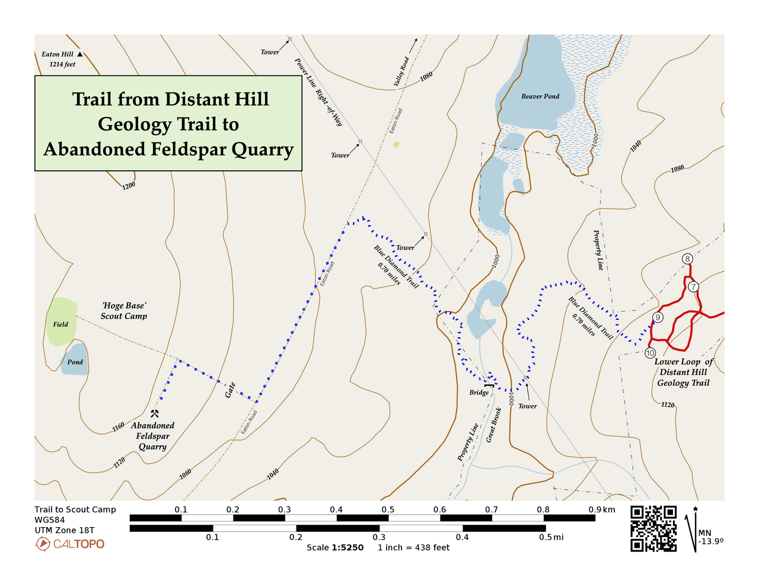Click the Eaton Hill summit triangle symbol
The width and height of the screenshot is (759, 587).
80,55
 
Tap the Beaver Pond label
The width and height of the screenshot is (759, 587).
540,96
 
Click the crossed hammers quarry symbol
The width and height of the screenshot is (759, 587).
155,414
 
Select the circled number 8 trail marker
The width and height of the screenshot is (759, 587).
687,259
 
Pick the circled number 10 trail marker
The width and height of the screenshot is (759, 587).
650,353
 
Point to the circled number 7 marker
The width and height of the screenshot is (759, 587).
693,287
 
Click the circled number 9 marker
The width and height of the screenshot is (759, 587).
657,317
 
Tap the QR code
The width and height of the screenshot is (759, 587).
653,529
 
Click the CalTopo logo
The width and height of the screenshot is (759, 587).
69,544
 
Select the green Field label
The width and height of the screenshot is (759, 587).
60,325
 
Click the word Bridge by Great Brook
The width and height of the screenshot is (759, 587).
479,392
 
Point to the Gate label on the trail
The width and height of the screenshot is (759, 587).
230,390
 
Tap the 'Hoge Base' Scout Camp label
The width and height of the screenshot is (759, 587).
123,311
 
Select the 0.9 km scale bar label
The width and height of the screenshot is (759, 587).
602,509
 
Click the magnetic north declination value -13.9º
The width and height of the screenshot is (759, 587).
710,541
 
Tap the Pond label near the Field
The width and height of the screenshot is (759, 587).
75,362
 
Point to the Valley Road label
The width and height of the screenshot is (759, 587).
401,72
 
